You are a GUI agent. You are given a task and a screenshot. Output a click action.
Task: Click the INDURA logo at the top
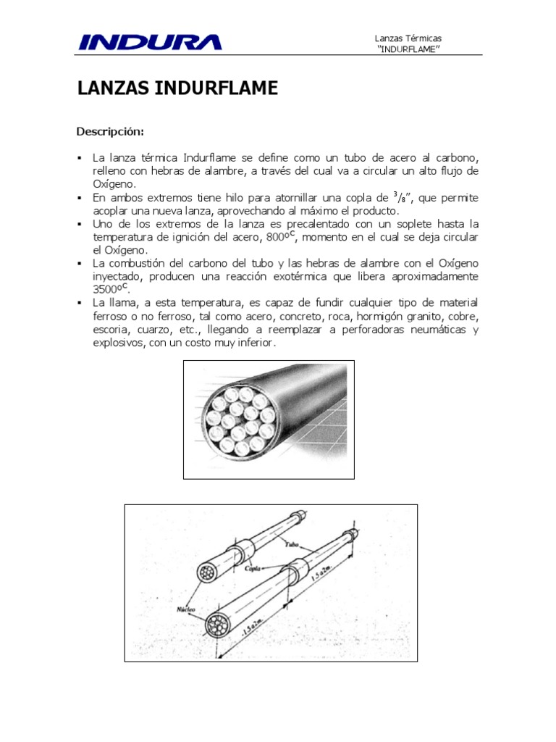(x=150, y=42)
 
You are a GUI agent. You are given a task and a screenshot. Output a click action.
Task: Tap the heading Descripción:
(x=111, y=131)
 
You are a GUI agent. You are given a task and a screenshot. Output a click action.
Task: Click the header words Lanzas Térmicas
(x=408, y=38)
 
